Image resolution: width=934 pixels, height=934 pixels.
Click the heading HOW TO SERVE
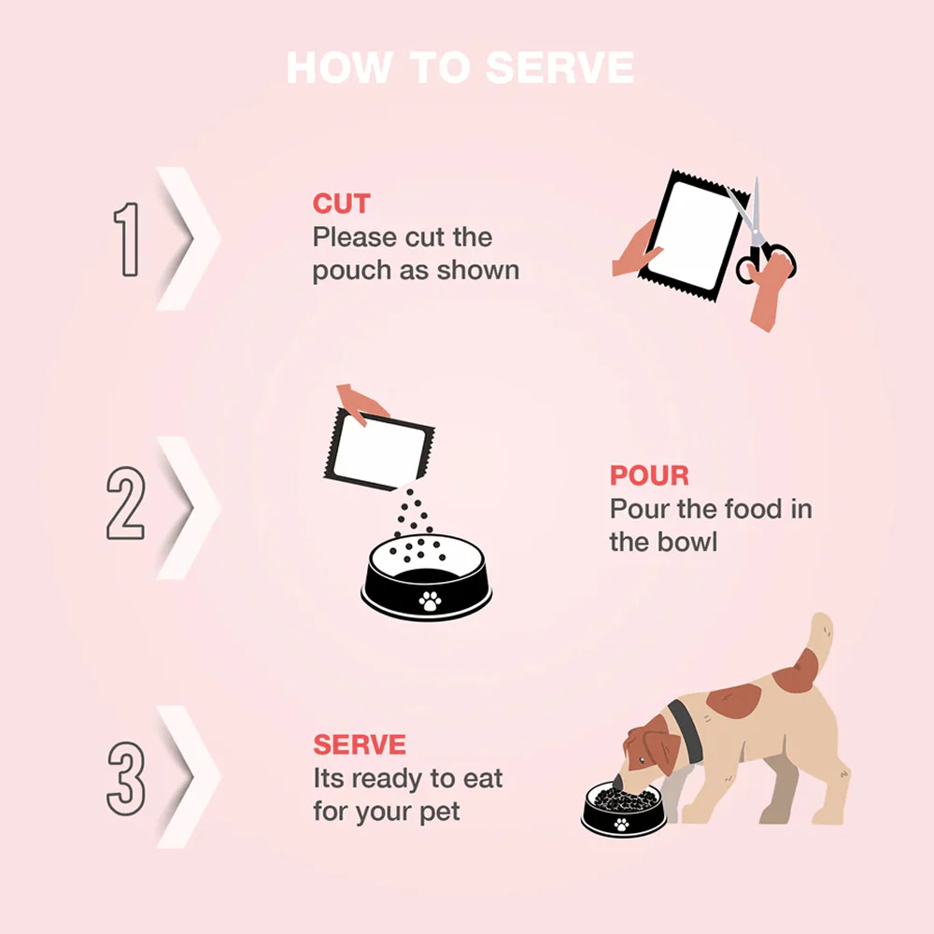[460, 67]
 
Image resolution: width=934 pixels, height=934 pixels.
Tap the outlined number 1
[127, 239]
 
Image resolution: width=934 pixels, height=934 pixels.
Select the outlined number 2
[125, 503]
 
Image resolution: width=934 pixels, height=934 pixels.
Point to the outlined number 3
[126, 779]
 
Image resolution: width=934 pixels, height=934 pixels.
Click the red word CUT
[341, 204]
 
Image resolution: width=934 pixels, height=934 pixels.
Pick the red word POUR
[649, 475]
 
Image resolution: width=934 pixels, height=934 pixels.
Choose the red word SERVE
[360, 744]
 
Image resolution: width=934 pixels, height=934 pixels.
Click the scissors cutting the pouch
[759, 235]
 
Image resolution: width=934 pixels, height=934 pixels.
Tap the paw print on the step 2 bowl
[430, 601]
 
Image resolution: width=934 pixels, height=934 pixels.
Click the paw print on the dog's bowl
[621, 825]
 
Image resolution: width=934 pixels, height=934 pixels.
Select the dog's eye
[641, 760]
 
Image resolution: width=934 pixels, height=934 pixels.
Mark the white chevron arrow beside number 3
[189, 777]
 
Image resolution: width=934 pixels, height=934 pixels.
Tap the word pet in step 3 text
[440, 813]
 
